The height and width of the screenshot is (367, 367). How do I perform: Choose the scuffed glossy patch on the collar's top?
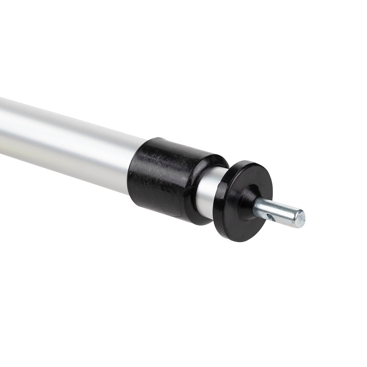pos(170,153)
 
